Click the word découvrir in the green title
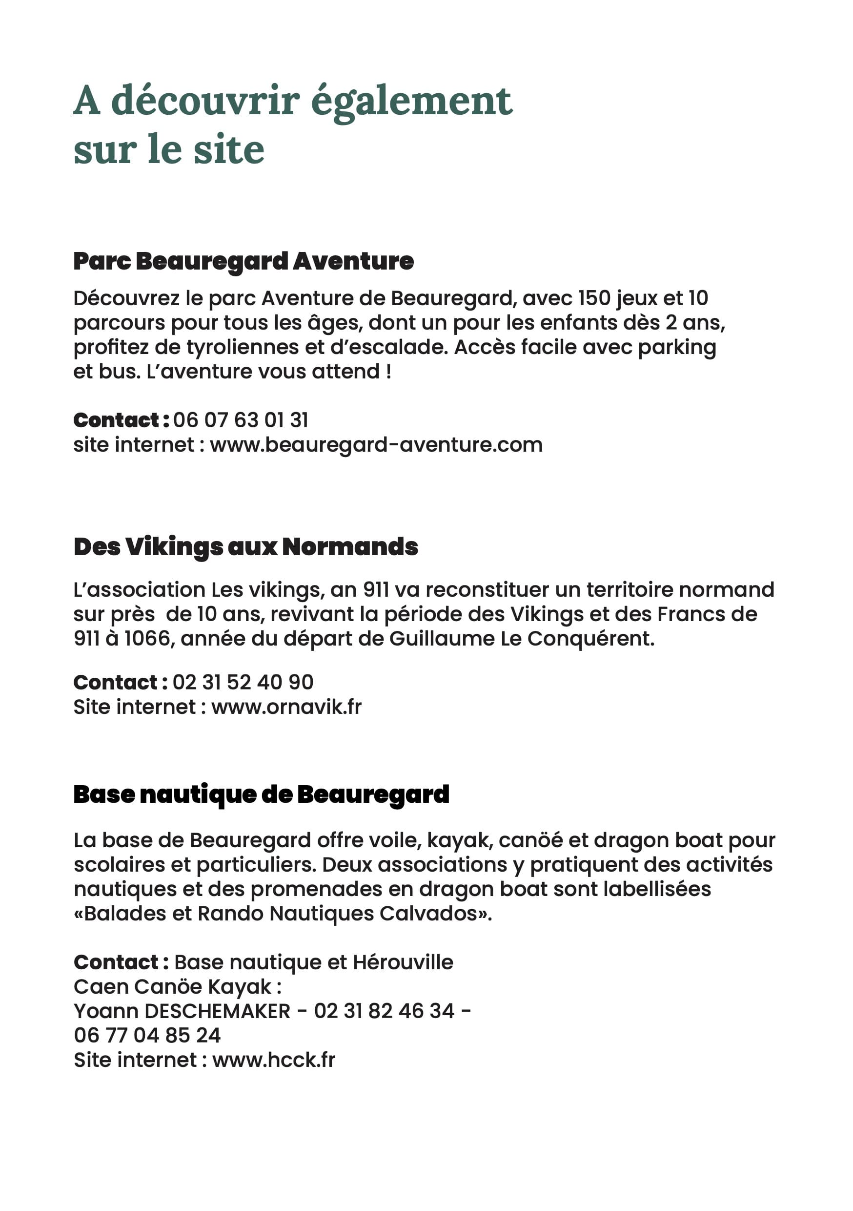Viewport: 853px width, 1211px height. click(205, 100)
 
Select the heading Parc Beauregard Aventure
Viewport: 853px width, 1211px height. click(243, 261)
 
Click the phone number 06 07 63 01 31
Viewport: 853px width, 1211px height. click(241, 420)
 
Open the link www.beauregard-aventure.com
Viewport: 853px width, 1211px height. click(376, 445)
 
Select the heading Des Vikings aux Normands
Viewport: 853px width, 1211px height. click(245, 546)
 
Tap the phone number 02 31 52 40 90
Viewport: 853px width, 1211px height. click(243, 682)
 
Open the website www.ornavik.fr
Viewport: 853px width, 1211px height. click(286, 707)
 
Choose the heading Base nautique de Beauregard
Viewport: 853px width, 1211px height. click(262, 794)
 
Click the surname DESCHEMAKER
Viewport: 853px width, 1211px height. click(217, 1011)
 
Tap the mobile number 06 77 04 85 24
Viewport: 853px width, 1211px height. click(147, 1035)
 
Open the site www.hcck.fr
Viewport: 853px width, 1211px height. click(274, 1060)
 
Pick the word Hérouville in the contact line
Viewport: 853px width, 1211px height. click(403, 962)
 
